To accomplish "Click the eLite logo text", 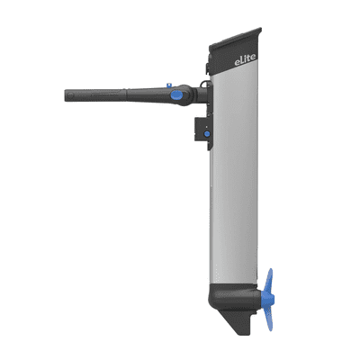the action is point(246,59).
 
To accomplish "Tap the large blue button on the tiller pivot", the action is point(176,95).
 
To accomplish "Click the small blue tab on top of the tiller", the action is point(169,85).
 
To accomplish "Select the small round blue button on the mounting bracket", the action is point(207,134).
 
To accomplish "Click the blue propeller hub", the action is point(267,298).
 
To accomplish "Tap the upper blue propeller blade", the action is point(269,280).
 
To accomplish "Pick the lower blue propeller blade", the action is point(269,318).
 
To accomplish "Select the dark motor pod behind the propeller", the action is point(235,298).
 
